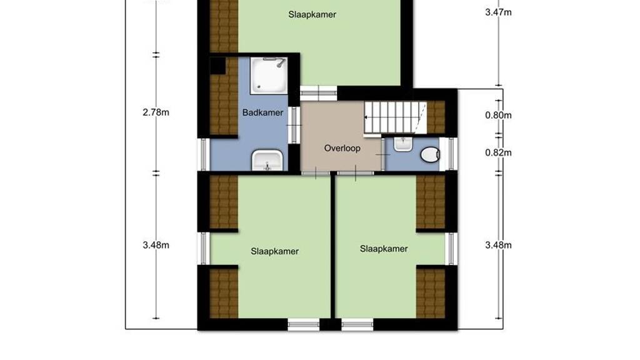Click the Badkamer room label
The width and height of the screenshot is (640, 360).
[x=262, y=112]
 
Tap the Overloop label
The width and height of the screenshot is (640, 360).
[x=342, y=148]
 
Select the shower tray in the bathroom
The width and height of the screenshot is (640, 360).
[x=269, y=76]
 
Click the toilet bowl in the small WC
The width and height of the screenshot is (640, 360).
[x=430, y=155]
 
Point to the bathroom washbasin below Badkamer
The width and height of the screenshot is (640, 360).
[x=267, y=160]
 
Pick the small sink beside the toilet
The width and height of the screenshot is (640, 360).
[x=403, y=144]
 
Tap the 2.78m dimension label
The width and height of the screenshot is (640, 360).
[x=156, y=112]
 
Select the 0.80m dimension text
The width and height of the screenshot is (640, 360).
[x=498, y=116]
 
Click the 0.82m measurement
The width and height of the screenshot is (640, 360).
[x=498, y=152]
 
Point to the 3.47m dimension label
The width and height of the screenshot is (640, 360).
[x=498, y=12]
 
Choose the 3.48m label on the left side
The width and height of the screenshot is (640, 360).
[x=156, y=245]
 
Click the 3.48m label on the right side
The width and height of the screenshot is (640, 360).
[x=498, y=245]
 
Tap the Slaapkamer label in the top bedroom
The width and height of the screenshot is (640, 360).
[x=312, y=15]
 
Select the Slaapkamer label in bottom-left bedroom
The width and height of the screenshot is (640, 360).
[x=275, y=251]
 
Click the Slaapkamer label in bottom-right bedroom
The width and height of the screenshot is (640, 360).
[x=384, y=249]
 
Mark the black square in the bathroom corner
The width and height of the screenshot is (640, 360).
[x=217, y=66]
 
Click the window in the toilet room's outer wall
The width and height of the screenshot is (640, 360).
[x=451, y=154]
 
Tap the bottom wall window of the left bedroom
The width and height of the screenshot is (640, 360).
[x=304, y=325]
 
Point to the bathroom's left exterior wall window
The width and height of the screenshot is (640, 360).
[x=204, y=154]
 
